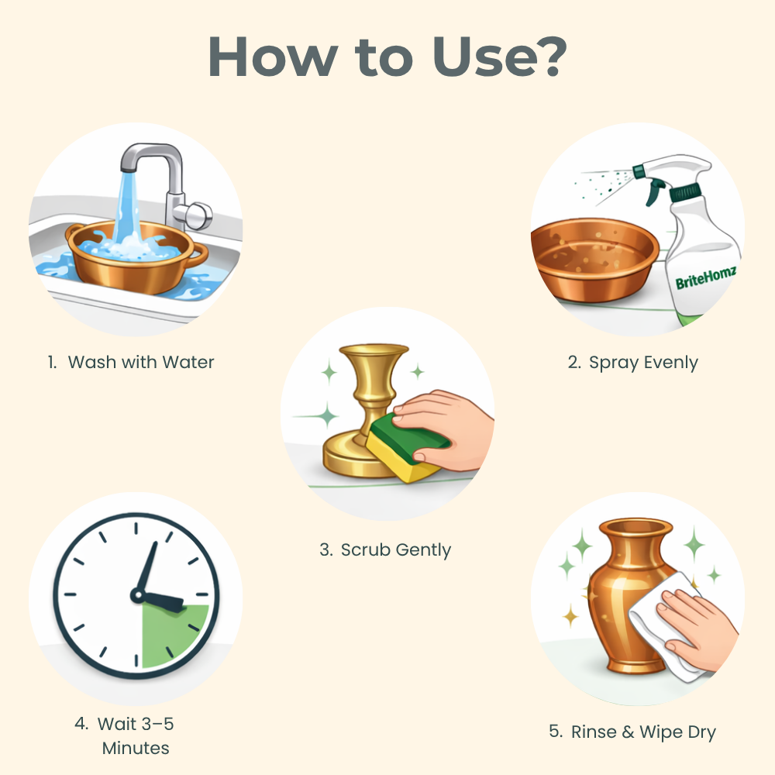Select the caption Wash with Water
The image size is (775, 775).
click(141, 362)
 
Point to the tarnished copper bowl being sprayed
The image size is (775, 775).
click(594, 259)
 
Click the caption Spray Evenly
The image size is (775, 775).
click(643, 363)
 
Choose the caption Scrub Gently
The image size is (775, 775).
click(395, 550)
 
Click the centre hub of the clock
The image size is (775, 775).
click(137, 594)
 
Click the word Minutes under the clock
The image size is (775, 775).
click(136, 749)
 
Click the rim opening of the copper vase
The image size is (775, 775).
click(635, 527)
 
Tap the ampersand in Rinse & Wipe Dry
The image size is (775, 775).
click(628, 732)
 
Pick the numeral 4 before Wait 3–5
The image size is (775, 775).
click(80, 724)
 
